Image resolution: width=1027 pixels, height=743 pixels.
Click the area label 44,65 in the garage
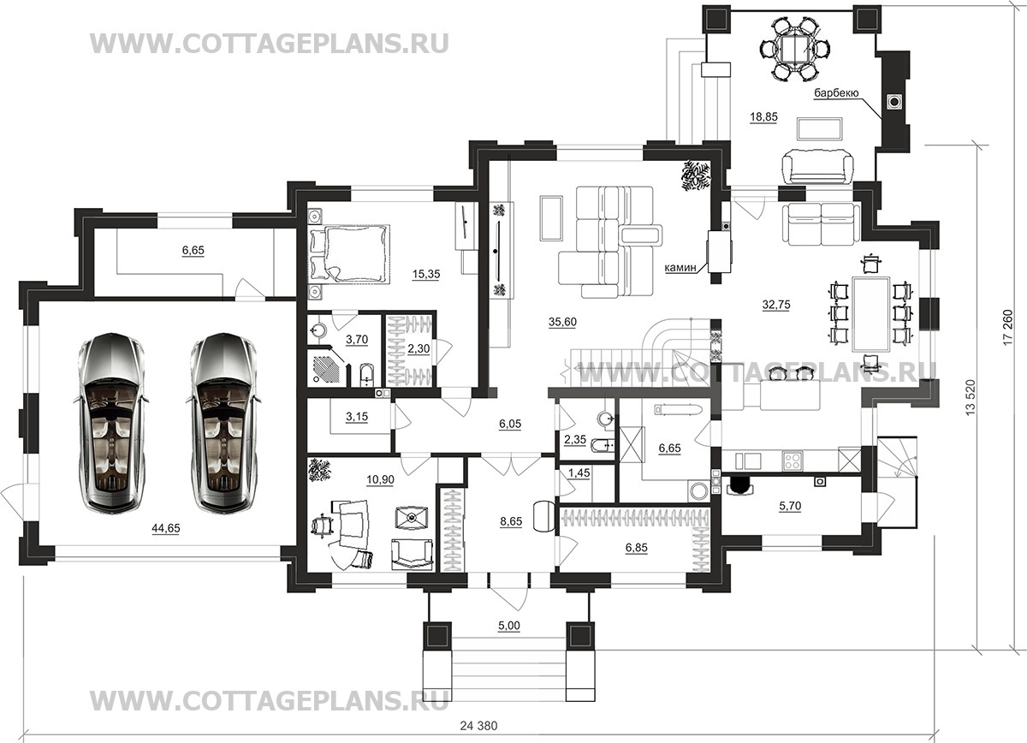tap(166, 528)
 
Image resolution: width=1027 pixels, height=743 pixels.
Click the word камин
tap(681, 267)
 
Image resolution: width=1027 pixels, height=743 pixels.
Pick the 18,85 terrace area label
tap(763, 117)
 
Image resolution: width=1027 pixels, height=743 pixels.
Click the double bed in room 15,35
tap(349, 253)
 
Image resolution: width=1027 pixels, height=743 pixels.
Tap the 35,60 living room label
tap(562, 322)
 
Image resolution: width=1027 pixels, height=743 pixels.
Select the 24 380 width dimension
tap(478, 726)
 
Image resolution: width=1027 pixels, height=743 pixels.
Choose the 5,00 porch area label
tap(509, 626)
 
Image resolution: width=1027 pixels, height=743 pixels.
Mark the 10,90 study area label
tap(380, 479)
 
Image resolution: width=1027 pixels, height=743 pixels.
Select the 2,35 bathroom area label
tap(575, 439)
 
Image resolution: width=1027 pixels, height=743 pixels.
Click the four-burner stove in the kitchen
tap(793, 460)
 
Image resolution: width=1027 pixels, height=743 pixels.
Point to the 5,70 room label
tap(790, 506)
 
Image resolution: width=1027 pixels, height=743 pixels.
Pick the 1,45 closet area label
tap(579, 473)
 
